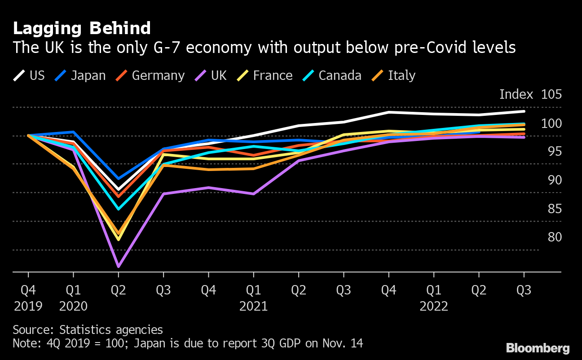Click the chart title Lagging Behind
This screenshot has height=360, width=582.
(82, 28)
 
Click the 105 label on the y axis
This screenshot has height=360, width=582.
(552, 95)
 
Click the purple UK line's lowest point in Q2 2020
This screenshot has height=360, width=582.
(119, 267)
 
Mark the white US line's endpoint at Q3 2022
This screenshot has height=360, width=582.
(524, 111)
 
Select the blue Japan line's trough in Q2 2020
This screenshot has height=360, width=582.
(119, 179)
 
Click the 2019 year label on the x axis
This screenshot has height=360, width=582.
(28, 307)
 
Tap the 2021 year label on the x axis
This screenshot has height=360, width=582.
(253, 307)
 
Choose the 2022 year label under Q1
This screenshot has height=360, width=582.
(433, 307)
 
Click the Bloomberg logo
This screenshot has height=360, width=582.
(538, 348)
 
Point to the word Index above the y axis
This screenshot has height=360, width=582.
(516, 95)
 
